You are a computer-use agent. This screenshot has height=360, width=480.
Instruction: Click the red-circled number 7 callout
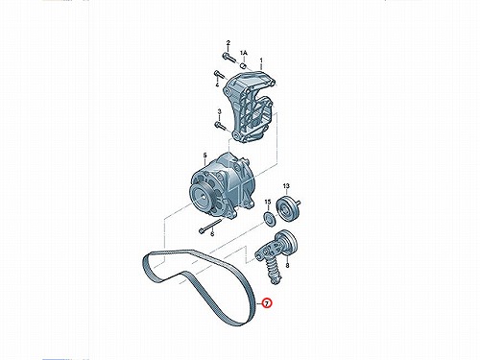click(267, 303)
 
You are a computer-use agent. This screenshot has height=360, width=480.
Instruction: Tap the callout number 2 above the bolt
click(228, 43)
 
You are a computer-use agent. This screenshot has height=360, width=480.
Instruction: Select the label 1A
click(244, 53)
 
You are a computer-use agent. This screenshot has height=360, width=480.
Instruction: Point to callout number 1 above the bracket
click(261, 60)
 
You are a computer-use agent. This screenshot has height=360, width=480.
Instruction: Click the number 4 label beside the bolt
click(217, 84)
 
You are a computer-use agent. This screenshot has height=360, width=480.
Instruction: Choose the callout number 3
click(220, 111)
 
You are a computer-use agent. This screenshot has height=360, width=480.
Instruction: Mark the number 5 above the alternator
click(205, 156)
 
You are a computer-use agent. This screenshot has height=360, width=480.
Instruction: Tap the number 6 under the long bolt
click(212, 234)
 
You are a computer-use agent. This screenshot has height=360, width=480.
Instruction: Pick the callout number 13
click(286, 186)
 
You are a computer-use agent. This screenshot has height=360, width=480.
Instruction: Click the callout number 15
click(268, 202)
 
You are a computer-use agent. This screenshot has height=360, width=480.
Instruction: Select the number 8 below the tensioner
click(287, 265)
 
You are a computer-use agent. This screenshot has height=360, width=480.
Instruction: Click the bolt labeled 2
click(228, 59)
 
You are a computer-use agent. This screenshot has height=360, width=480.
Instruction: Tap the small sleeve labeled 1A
click(243, 66)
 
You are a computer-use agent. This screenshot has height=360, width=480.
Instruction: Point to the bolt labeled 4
click(219, 75)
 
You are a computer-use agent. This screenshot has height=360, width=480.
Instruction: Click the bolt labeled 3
click(220, 126)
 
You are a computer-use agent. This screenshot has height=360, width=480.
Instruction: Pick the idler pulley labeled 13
click(288, 207)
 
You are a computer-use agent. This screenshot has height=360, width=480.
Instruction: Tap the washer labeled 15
click(270, 218)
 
